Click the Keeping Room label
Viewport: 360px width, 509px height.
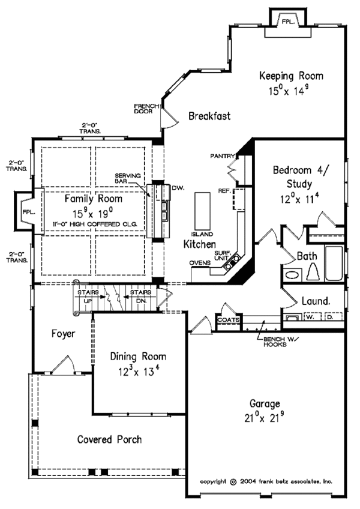[290, 76]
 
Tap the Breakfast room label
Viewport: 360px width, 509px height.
[208, 116]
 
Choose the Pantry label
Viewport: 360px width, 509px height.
[221, 156]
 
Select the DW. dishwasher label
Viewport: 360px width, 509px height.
[177, 188]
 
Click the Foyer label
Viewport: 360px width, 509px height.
[62, 334]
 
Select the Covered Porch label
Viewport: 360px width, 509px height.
[110, 439]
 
